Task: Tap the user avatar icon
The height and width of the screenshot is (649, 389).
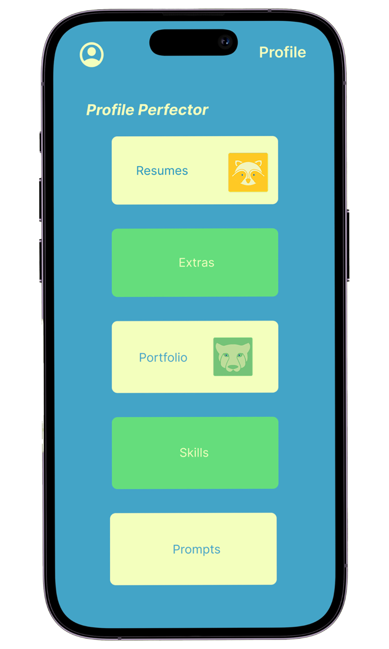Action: click(x=92, y=55)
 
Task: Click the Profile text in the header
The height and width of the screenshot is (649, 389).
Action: click(x=282, y=52)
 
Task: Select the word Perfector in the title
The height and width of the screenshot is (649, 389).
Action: click(x=173, y=110)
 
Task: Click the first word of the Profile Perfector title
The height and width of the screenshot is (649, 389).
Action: click(x=110, y=110)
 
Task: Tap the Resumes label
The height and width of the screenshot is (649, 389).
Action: click(x=162, y=171)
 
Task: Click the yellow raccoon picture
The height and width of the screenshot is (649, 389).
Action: click(x=248, y=172)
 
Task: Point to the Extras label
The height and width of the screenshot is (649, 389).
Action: click(x=197, y=263)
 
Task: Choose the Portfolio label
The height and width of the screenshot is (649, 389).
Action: click(x=163, y=357)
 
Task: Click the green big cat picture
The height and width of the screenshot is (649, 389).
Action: click(x=233, y=357)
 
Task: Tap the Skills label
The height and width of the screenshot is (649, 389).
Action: click(x=194, y=453)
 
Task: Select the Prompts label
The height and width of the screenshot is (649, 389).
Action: click(x=197, y=549)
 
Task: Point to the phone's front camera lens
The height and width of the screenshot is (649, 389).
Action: click(x=225, y=42)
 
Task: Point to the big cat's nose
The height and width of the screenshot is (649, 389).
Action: click(x=233, y=367)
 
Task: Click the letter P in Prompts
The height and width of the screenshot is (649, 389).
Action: click(x=176, y=549)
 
